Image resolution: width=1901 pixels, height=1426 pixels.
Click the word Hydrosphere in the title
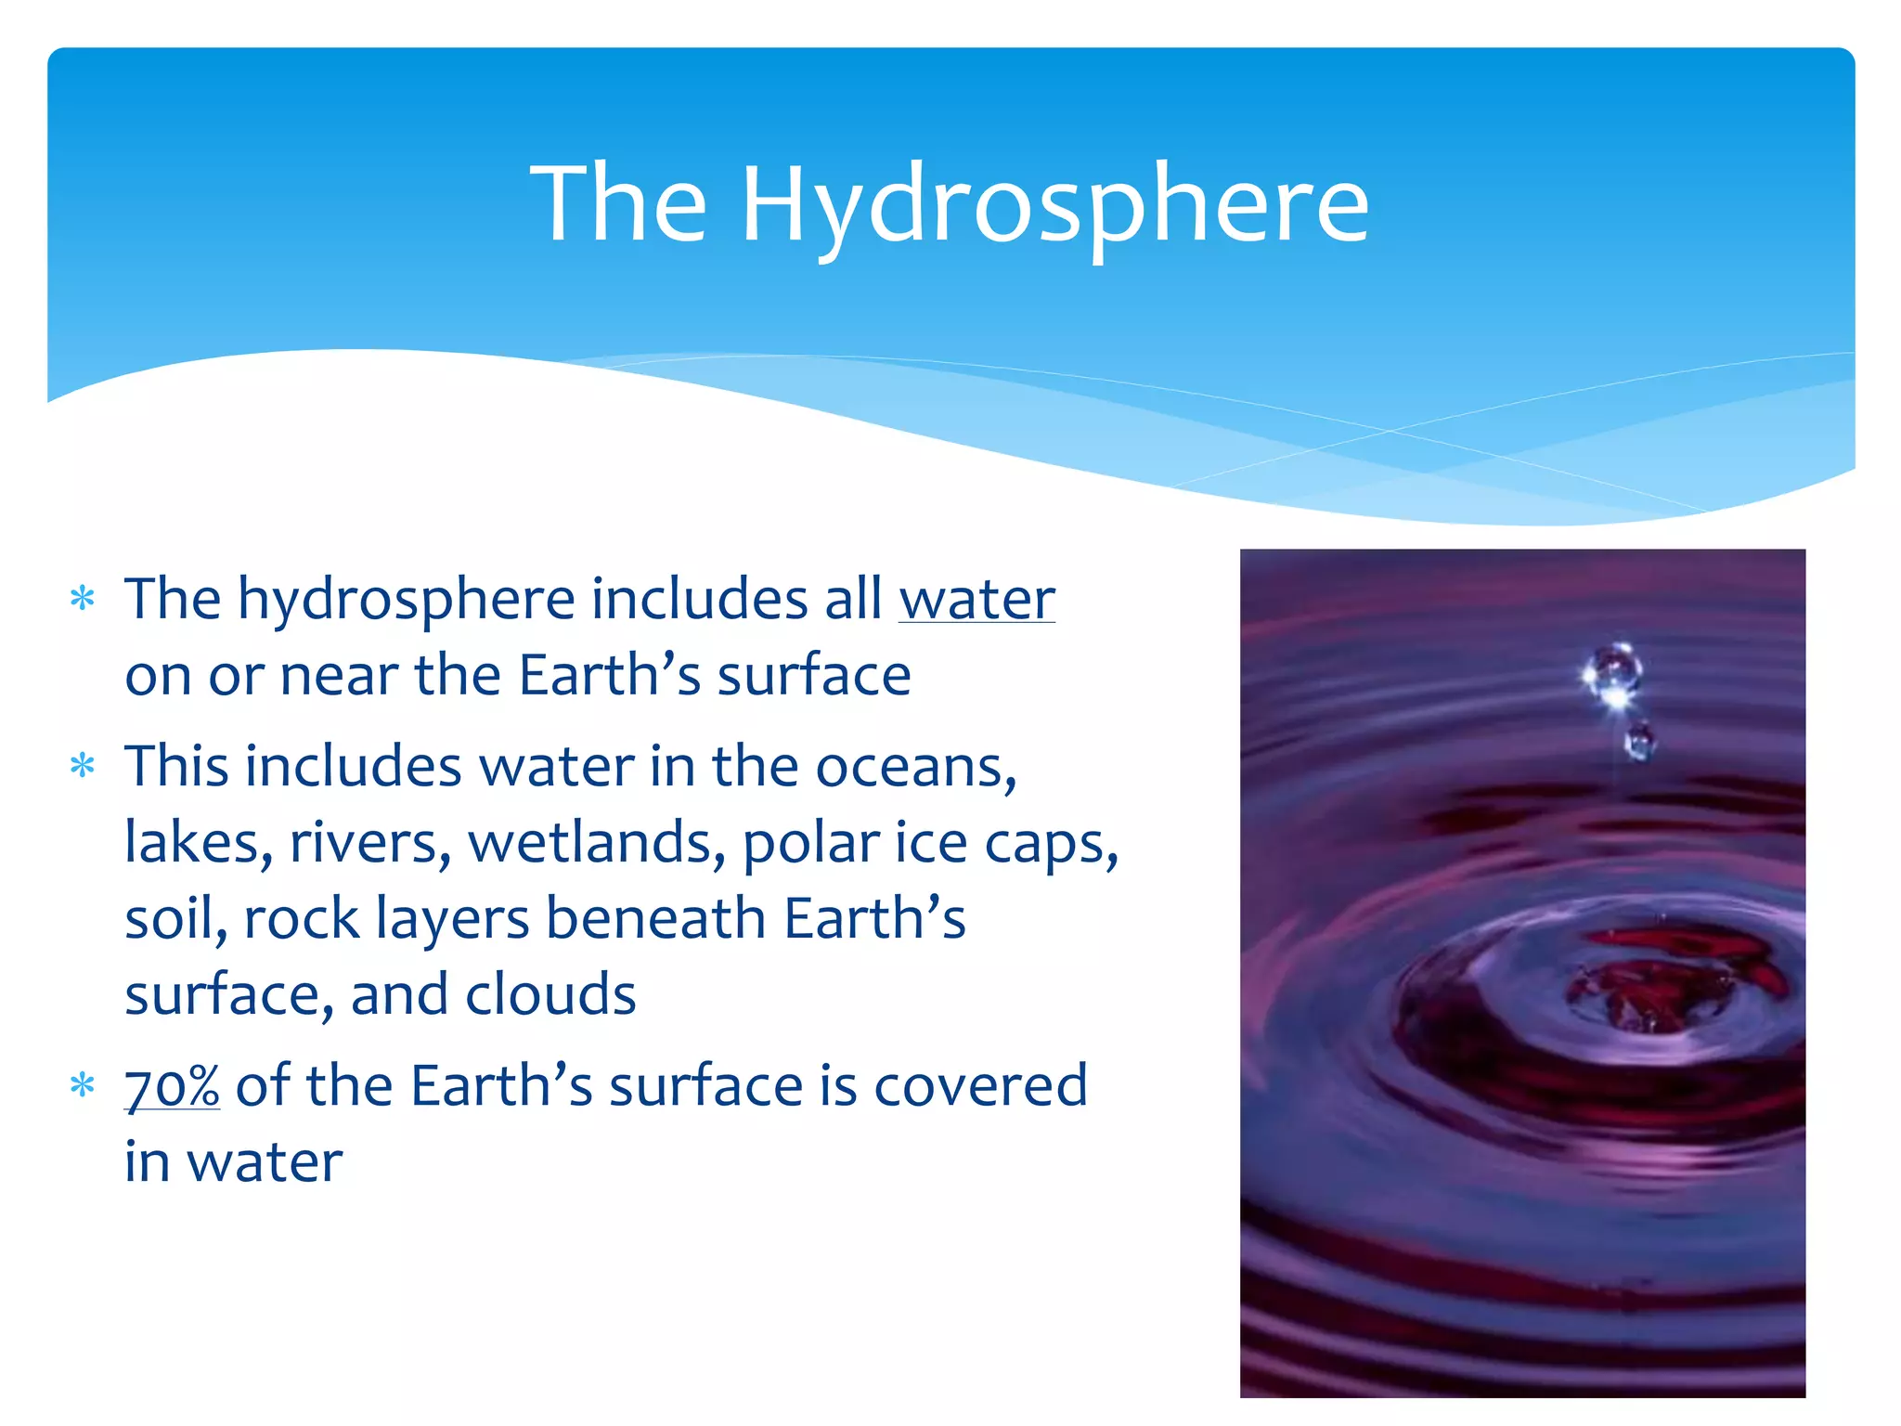(x=1054, y=204)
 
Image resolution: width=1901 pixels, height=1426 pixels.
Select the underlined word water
(x=976, y=599)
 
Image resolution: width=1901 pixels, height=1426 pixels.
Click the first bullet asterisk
(x=84, y=599)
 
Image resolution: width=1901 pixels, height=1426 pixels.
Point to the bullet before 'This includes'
(x=84, y=767)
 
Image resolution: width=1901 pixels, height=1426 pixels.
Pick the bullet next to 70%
(x=84, y=1084)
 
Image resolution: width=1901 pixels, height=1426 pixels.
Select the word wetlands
(x=596, y=843)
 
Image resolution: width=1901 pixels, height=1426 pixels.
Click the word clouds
(x=550, y=994)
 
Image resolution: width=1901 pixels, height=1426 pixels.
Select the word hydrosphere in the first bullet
(x=406, y=601)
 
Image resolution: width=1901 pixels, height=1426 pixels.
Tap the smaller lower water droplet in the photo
(x=1639, y=742)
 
